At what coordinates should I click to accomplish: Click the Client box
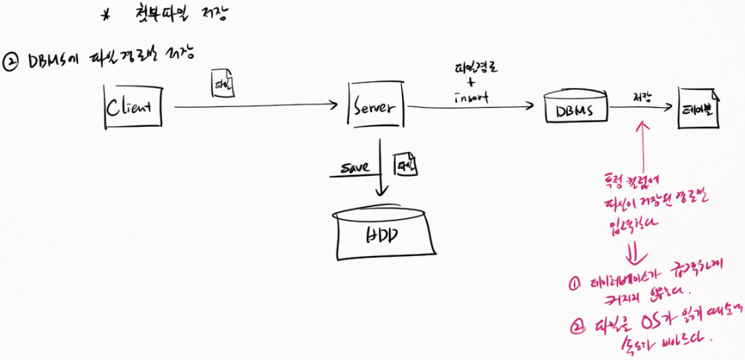[133, 107]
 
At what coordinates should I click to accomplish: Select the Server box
[374, 109]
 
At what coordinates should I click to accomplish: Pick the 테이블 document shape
[698, 107]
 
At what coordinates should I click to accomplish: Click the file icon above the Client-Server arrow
[222, 85]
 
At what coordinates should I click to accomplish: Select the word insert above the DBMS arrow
[471, 99]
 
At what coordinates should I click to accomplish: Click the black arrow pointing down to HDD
[379, 171]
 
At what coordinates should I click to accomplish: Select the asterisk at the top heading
[105, 15]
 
